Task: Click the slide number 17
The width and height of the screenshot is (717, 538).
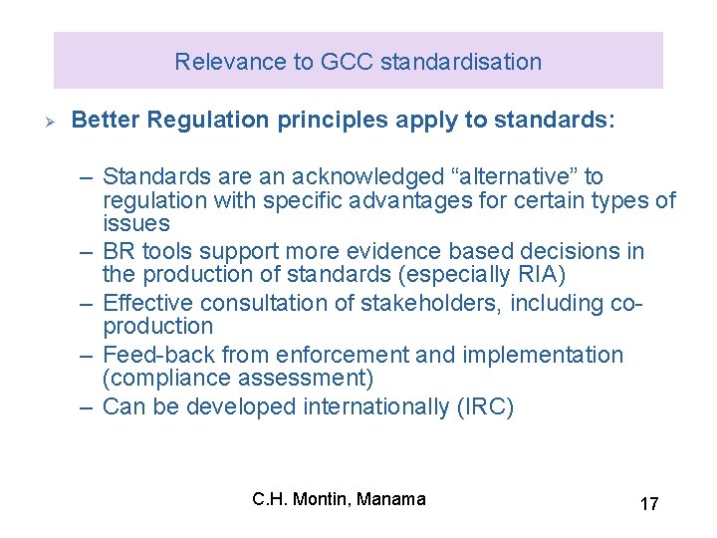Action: coord(648,504)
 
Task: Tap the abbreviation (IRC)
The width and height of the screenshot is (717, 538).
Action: coord(484,406)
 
